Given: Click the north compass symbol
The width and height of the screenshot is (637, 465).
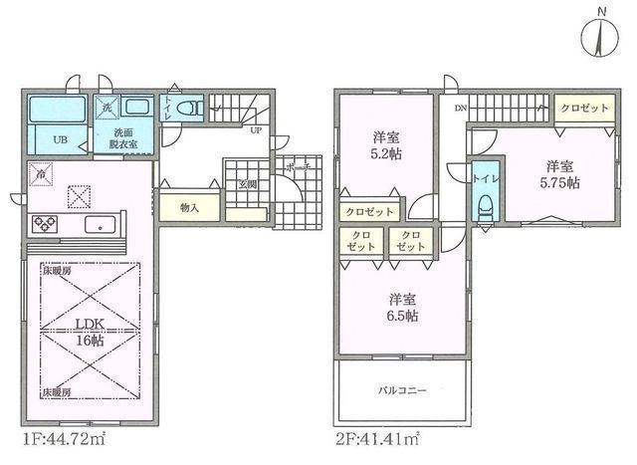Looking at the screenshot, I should pos(599,37).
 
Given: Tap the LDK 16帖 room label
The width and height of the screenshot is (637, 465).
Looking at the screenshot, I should pos(88,332).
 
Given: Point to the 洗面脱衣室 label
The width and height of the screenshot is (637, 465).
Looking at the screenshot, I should pos(123,139).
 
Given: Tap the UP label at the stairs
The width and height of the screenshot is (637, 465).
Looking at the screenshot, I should pos(256,130).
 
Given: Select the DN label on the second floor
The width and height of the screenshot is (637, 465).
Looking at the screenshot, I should pos(461,107).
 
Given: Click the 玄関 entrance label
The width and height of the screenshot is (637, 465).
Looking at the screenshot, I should pos(246,184).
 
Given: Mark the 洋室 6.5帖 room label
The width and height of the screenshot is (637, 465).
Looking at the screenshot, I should pos(402,308).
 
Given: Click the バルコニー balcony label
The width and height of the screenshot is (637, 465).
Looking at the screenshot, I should pos(401,389).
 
